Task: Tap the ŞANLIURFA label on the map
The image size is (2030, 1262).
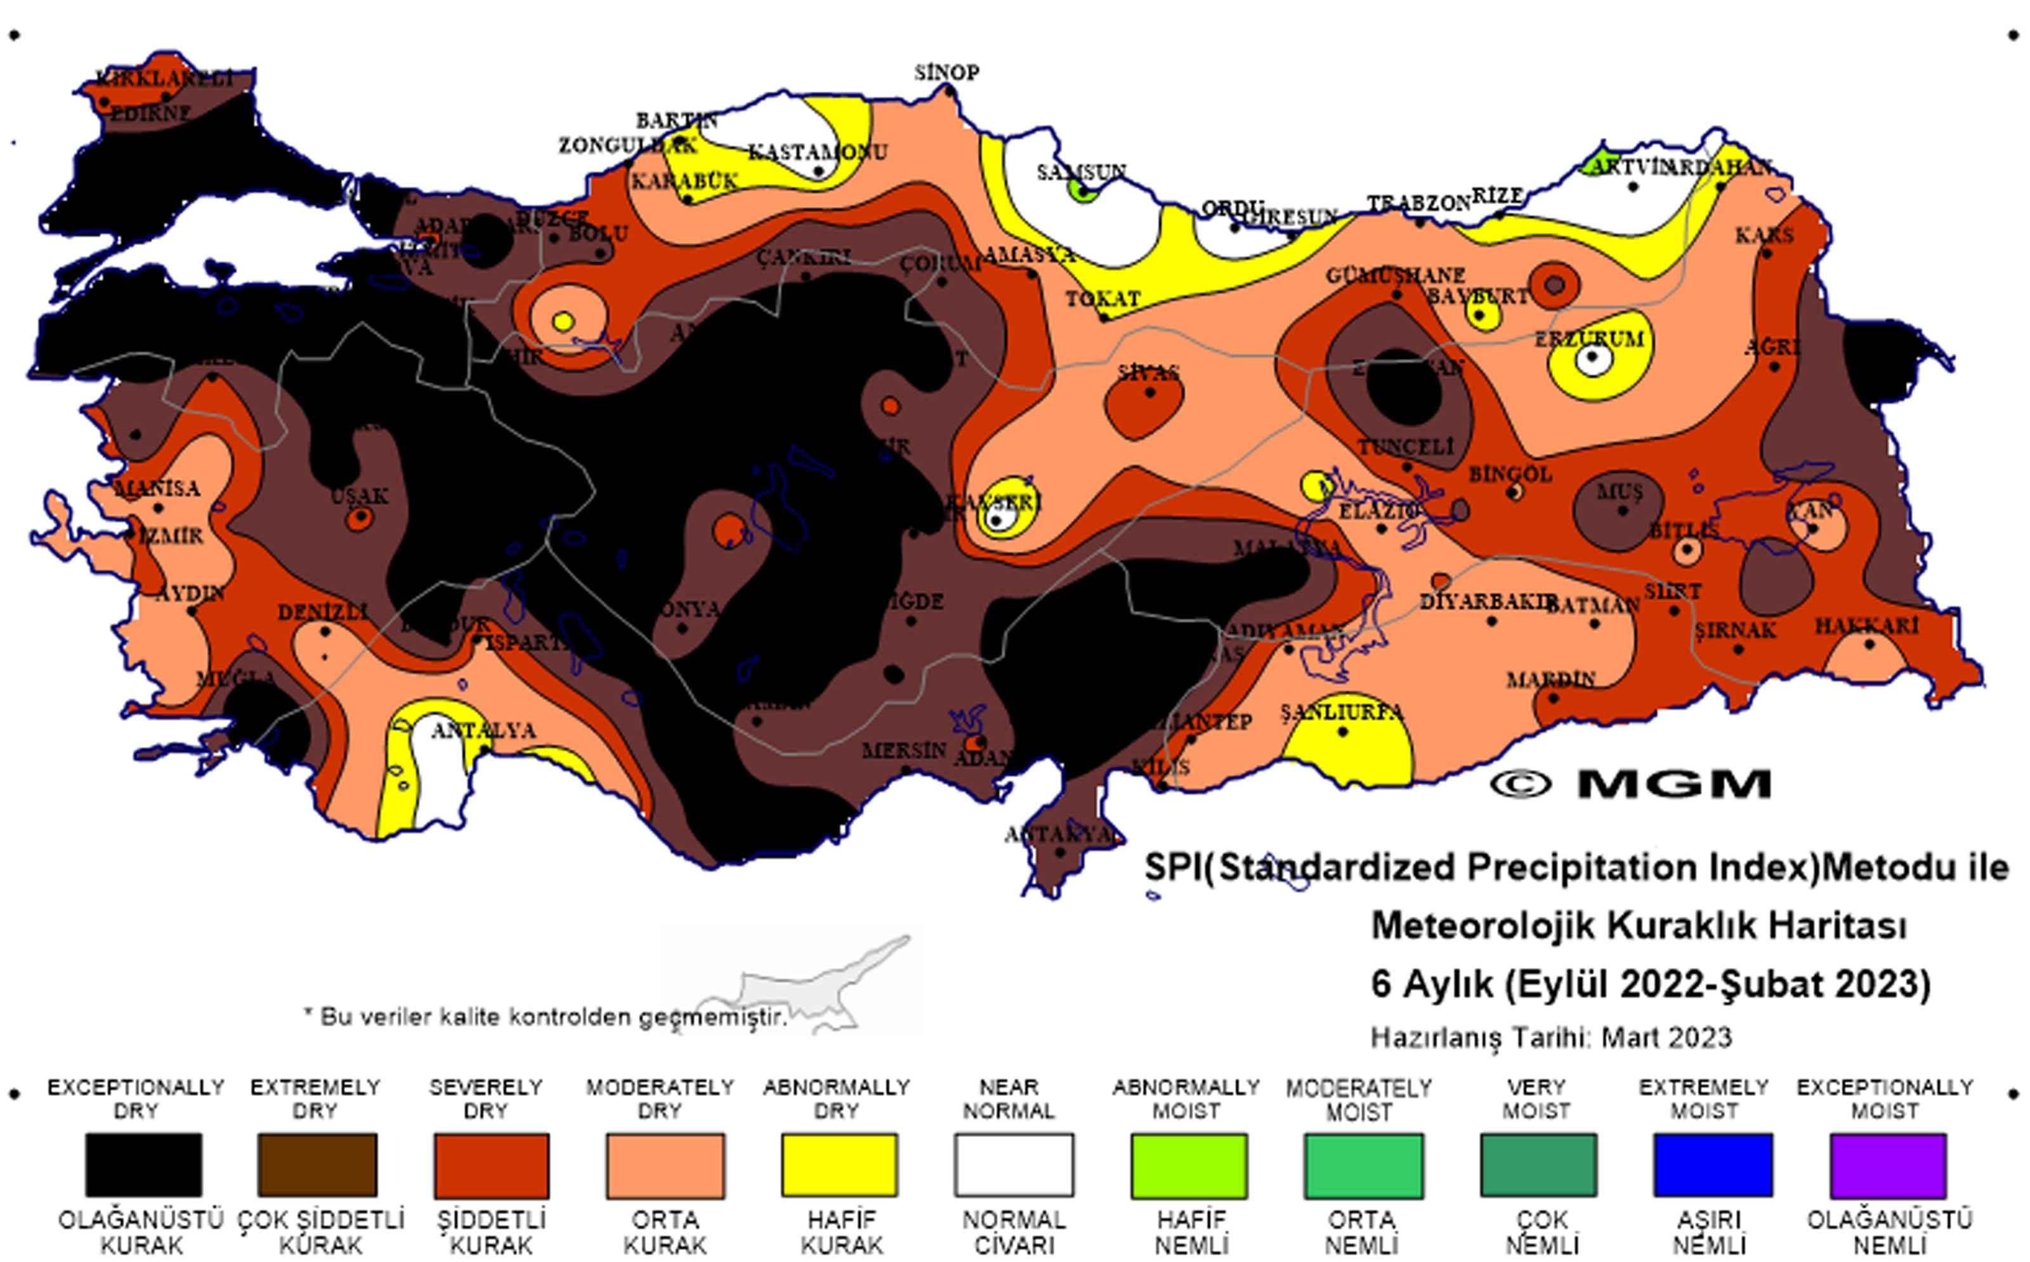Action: click(x=1342, y=712)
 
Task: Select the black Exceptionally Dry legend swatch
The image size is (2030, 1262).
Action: click(x=143, y=1164)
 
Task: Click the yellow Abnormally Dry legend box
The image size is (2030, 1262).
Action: click(x=839, y=1164)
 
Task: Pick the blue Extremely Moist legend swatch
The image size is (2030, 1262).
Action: click(x=1712, y=1164)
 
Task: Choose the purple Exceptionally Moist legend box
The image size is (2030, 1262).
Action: click(x=1887, y=1164)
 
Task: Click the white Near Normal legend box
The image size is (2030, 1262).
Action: click(x=1014, y=1164)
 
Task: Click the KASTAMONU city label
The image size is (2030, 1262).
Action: click(x=817, y=152)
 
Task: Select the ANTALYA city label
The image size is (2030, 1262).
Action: click(x=483, y=730)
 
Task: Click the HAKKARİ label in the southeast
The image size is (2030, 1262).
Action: click(x=1866, y=625)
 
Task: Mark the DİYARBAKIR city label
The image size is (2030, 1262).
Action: click(x=1487, y=601)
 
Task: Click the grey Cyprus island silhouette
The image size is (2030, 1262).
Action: click(x=801, y=989)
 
